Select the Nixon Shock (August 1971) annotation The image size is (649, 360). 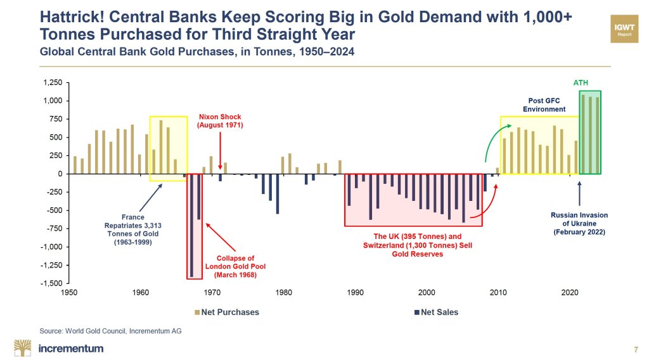pyautogui.click(x=221, y=121)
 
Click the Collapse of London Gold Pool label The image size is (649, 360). pyautogui.click(x=236, y=266)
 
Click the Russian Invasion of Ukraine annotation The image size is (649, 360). pyautogui.click(x=579, y=224)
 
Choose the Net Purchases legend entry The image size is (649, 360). pyautogui.click(x=227, y=312)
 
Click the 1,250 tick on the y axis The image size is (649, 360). pyautogui.click(x=54, y=83)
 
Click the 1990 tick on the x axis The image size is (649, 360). pyautogui.click(x=356, y=292)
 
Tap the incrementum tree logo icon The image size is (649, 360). pyautogui.click(x=23, y=348)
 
